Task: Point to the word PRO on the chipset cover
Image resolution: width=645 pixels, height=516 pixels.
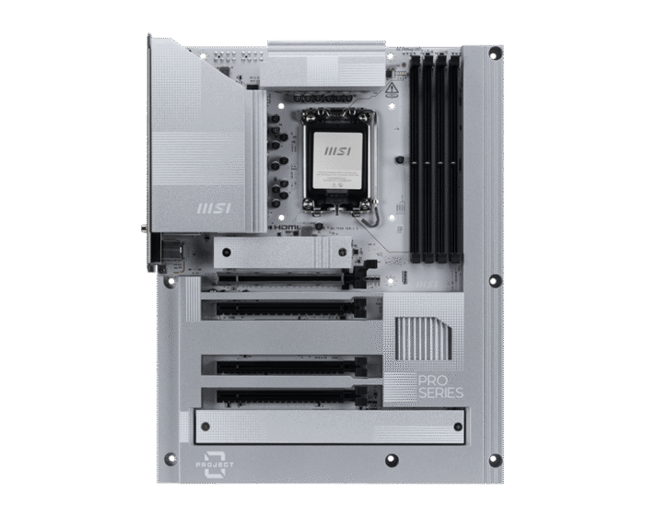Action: [433, 381]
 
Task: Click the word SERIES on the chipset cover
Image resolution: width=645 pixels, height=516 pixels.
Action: [440, 393]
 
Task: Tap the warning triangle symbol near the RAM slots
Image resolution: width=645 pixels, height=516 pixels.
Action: [392, 89]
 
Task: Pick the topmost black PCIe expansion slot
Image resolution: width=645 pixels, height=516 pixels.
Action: [286, 276]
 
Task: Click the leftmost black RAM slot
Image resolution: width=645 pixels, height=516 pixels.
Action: [416, 157]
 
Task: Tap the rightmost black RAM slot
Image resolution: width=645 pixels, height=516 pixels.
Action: [456, 157]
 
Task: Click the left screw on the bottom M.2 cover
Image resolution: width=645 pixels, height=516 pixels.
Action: [205, 427]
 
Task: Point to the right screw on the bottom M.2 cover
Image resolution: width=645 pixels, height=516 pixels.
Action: [454, 427]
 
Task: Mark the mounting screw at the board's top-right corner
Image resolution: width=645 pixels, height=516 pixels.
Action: [495, 53]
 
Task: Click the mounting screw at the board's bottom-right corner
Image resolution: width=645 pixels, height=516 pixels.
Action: [495, 460]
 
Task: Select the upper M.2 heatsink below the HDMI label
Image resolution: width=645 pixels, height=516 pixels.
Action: [282, 252]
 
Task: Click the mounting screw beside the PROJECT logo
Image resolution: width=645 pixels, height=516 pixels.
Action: [170, 458]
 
